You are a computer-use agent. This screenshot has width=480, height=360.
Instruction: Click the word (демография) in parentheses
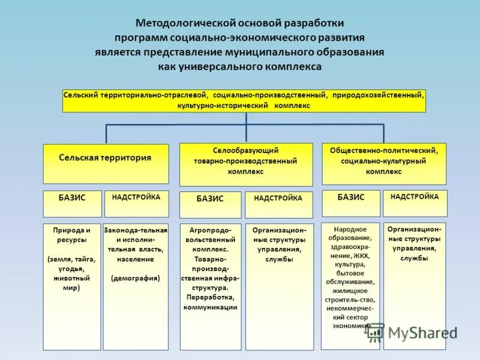136,278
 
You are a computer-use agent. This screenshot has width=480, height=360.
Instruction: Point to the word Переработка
210,297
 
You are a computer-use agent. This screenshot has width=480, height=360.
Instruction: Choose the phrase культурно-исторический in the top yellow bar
222,106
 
